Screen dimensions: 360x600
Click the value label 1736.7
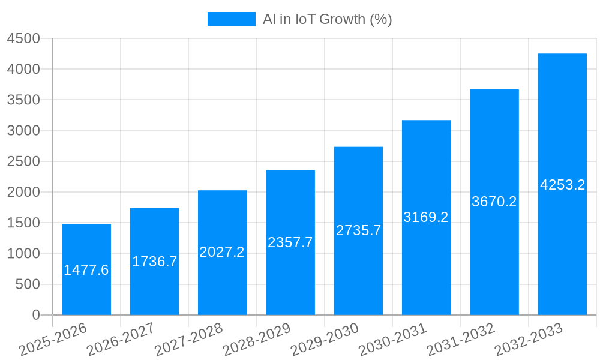[155, 262]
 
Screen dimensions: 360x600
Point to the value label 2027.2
[222, 252]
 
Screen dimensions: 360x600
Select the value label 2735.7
[358, 230]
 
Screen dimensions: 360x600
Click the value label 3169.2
[426, 217]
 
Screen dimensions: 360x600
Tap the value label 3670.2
[494, 202]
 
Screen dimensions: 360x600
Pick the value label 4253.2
[562, 185]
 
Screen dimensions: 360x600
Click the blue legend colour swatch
[232, 19]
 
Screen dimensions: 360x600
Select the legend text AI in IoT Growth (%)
[327, 19]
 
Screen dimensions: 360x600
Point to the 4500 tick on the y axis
[23, 38]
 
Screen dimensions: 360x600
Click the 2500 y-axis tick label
[23, 161]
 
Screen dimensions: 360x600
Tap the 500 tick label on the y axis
[28, 284]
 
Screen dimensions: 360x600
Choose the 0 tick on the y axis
[36, 315]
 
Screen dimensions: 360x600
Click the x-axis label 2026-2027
[121, 339]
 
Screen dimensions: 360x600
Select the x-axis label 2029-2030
[325, 339]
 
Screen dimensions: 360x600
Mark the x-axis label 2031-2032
[460, 339]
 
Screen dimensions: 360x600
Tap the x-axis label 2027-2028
[188, 339]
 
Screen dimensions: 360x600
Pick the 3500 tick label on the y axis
[23, 100]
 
